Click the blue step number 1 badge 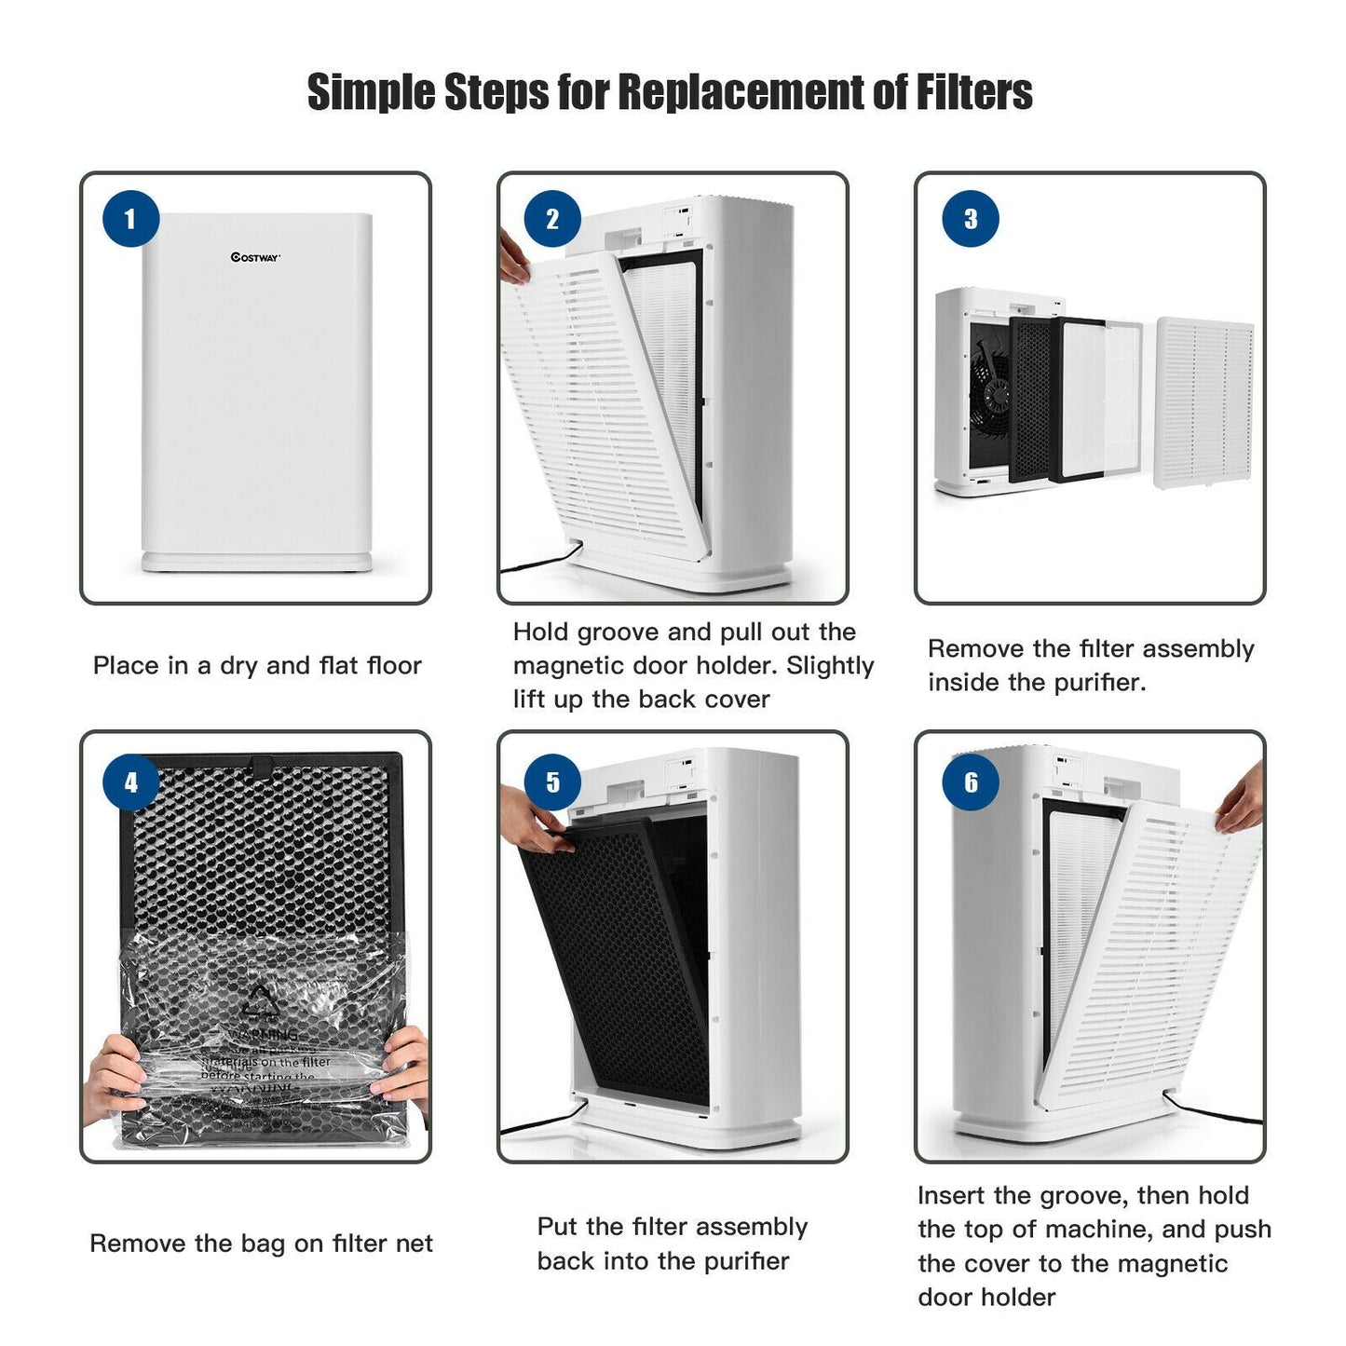[130, 220]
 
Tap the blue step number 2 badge [551, 220]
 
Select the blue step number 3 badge [971, 220]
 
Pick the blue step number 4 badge [130, 782]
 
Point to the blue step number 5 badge [551, 782]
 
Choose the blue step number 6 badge [971, 782]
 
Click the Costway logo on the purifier [255, 258]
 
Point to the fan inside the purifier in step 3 [989, 394]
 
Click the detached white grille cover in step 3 [1204, 402]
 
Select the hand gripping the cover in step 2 [512, 257]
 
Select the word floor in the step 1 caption [390, 666]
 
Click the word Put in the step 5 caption [558, 1227]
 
